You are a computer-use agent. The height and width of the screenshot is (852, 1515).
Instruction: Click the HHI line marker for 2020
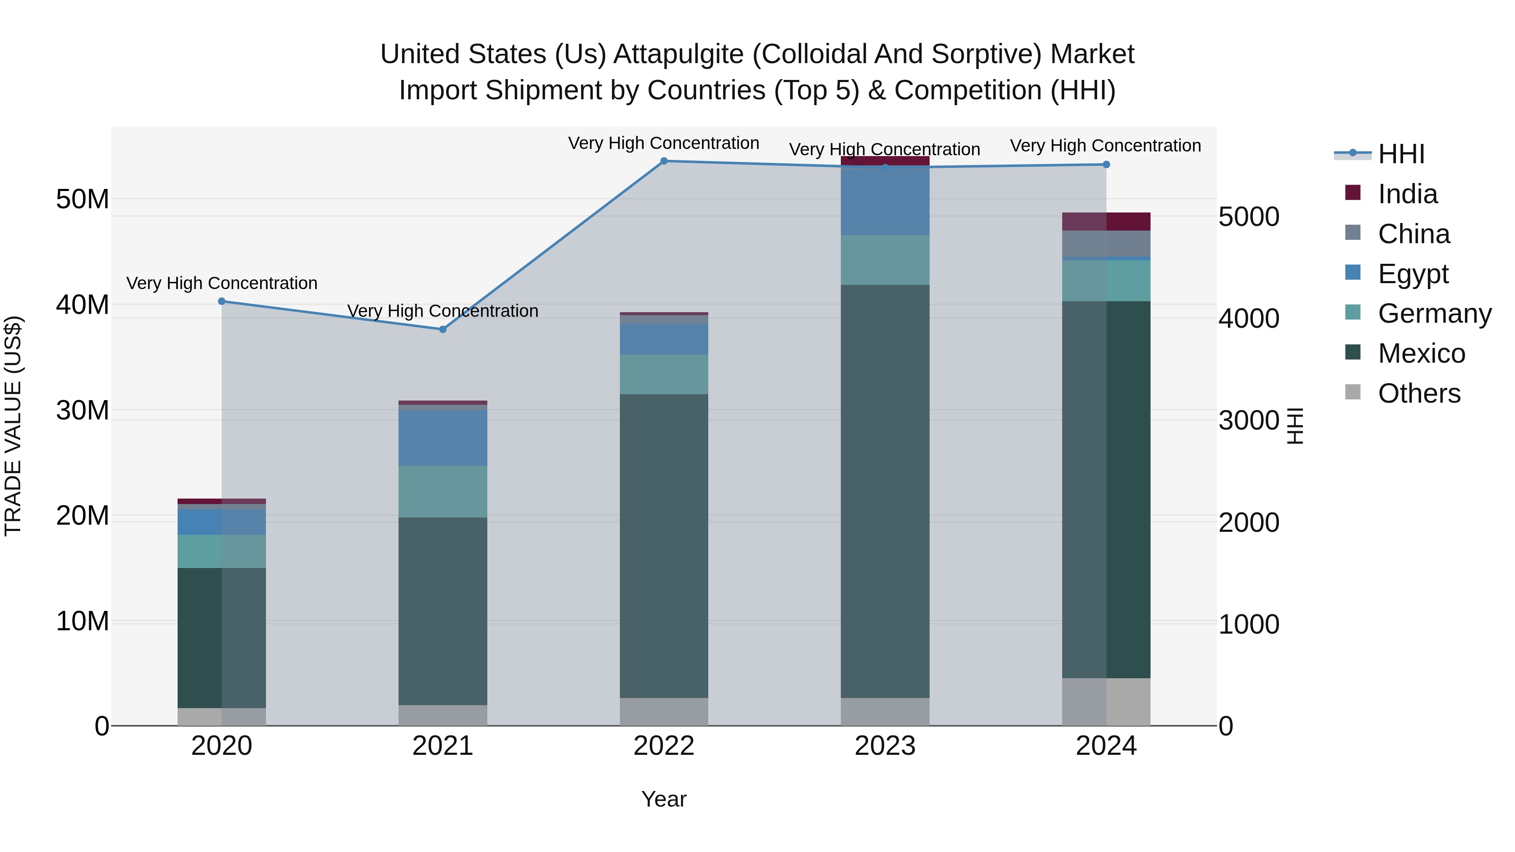tap(222, 302)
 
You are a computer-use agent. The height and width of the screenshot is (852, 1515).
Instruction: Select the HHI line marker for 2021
tap(443, 329)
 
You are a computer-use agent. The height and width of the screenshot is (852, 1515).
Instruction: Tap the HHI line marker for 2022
tap(664, 161)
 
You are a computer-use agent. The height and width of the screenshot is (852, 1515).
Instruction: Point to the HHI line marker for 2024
tap(1106, 165)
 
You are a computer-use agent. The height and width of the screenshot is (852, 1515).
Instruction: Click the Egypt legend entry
tap(1413, 274)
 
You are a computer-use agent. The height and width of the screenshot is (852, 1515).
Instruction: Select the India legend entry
tap(1407, 194)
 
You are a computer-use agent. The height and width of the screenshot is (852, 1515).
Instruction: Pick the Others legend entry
tap(1419, 393)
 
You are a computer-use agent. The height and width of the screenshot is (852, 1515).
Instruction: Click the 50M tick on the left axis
tap(82, 199)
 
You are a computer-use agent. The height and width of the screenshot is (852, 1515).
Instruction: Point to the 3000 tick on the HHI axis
tap(1249, 420)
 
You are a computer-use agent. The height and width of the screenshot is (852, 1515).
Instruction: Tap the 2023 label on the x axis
tap(885, 746)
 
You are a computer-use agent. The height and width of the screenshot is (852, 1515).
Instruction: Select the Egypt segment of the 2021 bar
tap(443, 438)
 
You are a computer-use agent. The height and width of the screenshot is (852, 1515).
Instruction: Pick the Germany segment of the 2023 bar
tap(885, 260)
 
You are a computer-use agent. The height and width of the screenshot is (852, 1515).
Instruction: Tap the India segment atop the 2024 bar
tap(1106, 222)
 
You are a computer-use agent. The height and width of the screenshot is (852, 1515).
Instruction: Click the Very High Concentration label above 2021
tap(443, 311)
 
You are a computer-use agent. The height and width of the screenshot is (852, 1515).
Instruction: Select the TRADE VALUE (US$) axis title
tap(13, 426)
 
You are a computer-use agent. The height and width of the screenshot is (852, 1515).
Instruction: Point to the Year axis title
tap(664, 799)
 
